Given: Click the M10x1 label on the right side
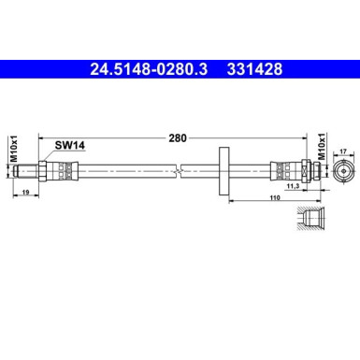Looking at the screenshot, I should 322,148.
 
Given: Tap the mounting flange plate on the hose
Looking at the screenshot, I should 225,170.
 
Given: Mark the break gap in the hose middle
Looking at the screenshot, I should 178,170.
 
